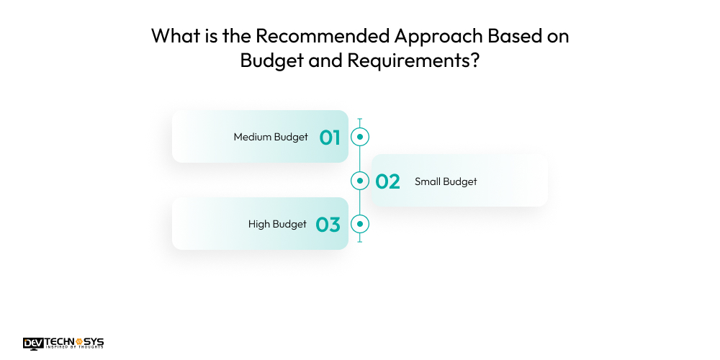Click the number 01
(x=330, y=137)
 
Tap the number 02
(x=387, y=181)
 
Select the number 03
(x=328, y=225)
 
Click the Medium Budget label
(x=271, y=137)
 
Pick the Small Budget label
(x=446, y=181)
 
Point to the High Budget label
(x=277, y=225)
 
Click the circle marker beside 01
(x=359, y=137)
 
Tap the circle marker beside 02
(x=359, y=181)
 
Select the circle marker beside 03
(x=359, y=225)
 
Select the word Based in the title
(x=522, y=37)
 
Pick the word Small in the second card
(x=428, y=181)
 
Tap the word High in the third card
(x=259, y=225)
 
